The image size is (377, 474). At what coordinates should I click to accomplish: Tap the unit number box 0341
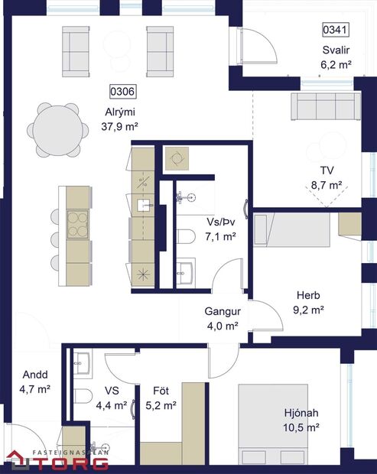pos(336,31)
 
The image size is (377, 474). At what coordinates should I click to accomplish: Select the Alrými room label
pos(120,112)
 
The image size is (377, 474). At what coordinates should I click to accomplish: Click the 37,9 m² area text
pos(119,126)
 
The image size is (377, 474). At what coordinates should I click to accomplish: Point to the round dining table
pos(56,123)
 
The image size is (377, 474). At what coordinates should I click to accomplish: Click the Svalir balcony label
pos(336,50)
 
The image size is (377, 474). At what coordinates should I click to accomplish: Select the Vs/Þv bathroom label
pos(221,222)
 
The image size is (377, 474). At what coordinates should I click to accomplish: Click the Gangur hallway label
pos(223,312)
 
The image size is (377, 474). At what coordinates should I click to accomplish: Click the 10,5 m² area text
pos(301,428)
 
